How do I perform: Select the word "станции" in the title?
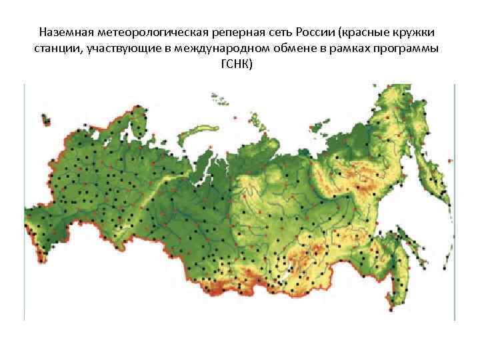click(58, 49)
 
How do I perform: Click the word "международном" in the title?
click(225, 49)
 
